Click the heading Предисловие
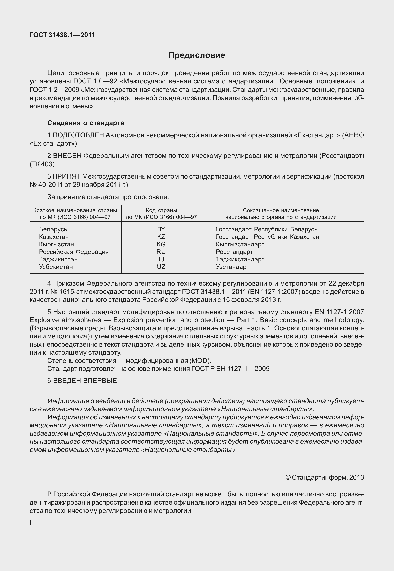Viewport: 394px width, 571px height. (x=197, y=55)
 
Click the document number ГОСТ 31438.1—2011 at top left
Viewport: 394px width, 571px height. (x=62, y=35)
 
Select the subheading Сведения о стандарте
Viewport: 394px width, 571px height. (x=86, y=123)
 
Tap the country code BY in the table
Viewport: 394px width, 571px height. (x=161, y=229)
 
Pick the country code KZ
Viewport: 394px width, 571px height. (x=161, y=237)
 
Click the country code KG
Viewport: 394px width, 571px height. (x=161, y=244)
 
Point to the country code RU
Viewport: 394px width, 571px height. (x=161, y=252)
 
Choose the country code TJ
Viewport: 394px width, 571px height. (x=161, y=259)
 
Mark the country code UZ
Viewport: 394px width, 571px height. (x=161, y=267)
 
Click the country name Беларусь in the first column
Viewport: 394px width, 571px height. (x=53, y=229)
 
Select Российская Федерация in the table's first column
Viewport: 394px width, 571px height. (x=74, y=252)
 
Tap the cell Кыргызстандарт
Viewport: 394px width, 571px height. (x=240, y=244)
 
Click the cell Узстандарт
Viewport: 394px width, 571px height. (x=233, y=267)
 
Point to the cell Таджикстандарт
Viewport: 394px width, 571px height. (x=240, y=259)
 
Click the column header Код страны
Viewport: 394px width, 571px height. (x=161, y=210)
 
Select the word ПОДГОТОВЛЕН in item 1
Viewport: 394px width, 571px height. (x=78, y=135)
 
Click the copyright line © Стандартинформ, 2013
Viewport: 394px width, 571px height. (x=325, y=477)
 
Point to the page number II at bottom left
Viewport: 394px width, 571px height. (x=31, y=523)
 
